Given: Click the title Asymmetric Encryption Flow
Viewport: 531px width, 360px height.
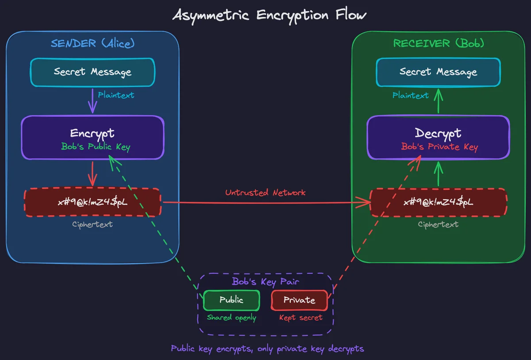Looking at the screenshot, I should [x=269, y=15].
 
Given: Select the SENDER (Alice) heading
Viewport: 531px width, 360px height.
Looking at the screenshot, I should [x=92, y=43].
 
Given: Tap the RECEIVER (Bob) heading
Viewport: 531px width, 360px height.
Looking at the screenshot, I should [x=439, y=43].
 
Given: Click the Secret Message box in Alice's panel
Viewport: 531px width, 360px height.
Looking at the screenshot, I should [x=92, y=72].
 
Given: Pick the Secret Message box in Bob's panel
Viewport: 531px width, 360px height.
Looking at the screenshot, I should [x=438, y=72].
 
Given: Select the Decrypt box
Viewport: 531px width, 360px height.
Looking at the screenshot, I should [x=438, y=133].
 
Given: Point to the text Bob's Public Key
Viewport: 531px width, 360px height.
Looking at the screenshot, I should [x=96, y=147].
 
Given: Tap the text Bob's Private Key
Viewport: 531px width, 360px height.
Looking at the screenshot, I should [x=439, y=147].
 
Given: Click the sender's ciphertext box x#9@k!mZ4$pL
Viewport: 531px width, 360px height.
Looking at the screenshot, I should [x=92, y=202].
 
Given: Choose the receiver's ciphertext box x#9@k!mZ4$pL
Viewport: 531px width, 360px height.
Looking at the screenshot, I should [x=438, y=202].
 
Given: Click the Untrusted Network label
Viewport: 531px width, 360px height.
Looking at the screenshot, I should [x=265, y=193].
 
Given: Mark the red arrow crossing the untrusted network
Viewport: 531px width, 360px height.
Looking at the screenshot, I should [x=265, y=203].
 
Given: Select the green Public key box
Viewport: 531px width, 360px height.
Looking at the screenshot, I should [x=231, y=300].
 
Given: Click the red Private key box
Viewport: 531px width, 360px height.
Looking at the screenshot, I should [x=300, y=300].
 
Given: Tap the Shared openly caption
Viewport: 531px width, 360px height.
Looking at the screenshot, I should [x=231, y=317].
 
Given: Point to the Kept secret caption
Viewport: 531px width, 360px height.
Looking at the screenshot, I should [x=300, y=317].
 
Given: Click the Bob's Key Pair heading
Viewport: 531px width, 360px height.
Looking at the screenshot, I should [x=265, y=282].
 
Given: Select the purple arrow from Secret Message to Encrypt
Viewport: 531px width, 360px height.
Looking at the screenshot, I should [x=92, y=101].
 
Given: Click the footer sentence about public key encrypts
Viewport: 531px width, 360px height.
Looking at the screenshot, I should [x=267, y=348].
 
